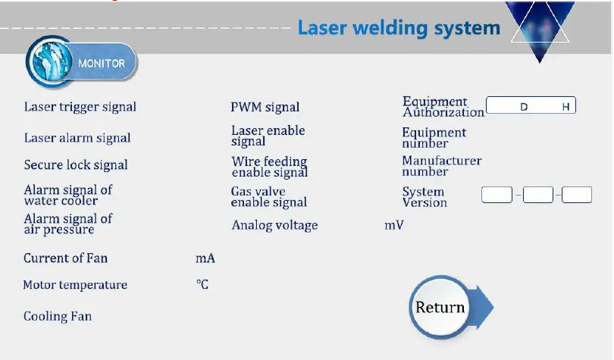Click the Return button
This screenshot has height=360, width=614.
tap(441, 307)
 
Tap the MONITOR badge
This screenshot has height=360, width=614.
tap(83, 63)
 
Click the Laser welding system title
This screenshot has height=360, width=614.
tap(399, 28)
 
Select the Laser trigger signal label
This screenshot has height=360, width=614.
tap(80, 107)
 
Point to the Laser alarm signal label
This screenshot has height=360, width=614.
tap(77, 138)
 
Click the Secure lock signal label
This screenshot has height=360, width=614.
tap(76, 165)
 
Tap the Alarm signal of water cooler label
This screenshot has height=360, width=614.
tap(68, 195)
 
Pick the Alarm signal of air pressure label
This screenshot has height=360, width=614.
tap(68, 224)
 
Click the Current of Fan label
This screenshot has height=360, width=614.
tap(66, 258)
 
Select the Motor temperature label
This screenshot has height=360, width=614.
tap(75, 285)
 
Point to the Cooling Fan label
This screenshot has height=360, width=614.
tap(58, 316)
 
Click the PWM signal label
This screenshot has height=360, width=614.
tap(265, 108)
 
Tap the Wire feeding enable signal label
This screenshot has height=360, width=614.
tap(270, 167)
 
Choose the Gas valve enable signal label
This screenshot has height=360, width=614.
tap(269, 197)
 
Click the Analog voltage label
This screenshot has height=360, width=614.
tap(275, 225)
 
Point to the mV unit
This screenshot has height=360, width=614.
tap(394, 225)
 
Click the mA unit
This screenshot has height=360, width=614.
tap(205, 258)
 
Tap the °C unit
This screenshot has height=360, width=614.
tap(202, 285)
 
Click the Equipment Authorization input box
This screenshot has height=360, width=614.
tap(531, 106)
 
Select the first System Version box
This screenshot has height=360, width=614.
tap(497, 195)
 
